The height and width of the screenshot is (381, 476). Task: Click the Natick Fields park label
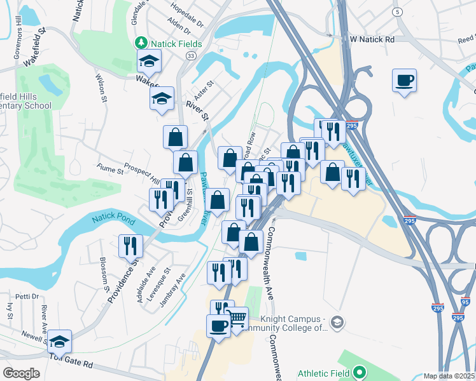[x=176, y=44]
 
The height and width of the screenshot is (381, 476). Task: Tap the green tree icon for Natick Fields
[x=141, y=44]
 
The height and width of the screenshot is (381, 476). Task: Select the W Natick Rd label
[x=372, y=39]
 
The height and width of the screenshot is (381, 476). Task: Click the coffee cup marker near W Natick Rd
[x=404, y=81]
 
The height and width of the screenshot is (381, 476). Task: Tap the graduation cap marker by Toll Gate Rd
[x=59, y=341]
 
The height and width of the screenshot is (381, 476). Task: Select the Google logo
[x=21, y=373]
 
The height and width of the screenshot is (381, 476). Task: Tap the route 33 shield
[x=190, y=57]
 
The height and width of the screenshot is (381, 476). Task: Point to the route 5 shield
[x=398, y=12]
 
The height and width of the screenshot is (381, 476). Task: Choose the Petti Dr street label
[x=27, y=297]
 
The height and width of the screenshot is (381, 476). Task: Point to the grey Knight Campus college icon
[x=337, y=323]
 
